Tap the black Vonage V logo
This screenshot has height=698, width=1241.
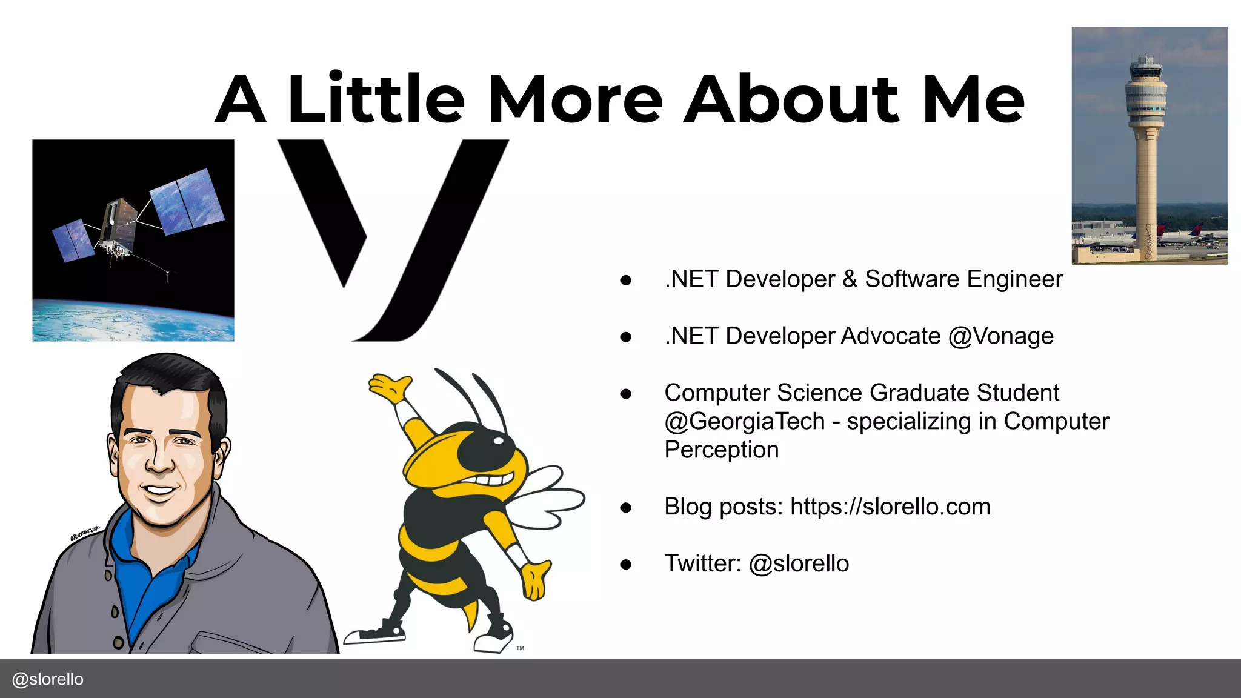pyautogui.click(x=394, y=242)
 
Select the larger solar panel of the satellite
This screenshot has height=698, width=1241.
pyautogui.click(x=186, y=202)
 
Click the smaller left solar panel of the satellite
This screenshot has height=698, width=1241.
pyautogui.click(x=73, y=240)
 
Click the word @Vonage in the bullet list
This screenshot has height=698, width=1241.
pyautogui.click(x=1000, y=336)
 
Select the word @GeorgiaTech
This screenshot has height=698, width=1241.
pyautogui.click(x=744, y=421)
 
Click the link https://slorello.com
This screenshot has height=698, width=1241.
pyautogui.click(x=890, y=507)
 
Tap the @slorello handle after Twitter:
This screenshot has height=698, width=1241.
pyautogui.click(x=799, y=563)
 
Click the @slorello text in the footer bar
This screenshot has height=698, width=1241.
pyautogui.click(x=48, y=679)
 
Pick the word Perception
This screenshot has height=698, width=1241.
pyautogui.click(x=721, y=450)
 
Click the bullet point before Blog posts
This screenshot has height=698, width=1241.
pyautogui.click(x=626, y=507)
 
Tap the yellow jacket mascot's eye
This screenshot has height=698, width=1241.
pyautogui.click(x=498, y=440)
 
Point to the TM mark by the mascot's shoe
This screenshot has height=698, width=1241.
pyautogui.click(x=520, y=648)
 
